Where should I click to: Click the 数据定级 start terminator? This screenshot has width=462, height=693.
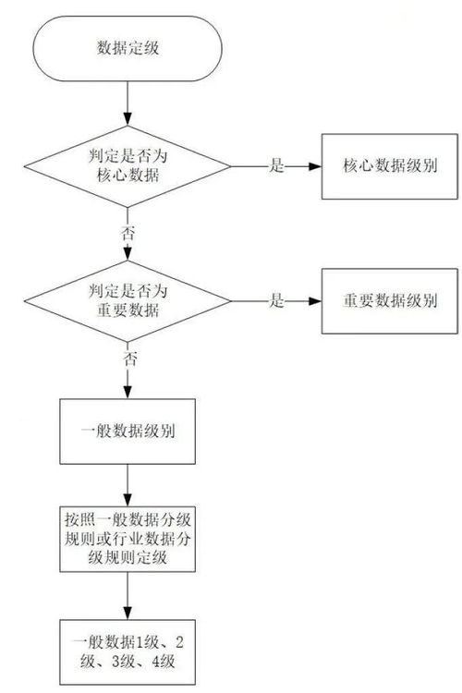[x=127, y=49]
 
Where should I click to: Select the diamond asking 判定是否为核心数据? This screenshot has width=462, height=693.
[x=127, y=166]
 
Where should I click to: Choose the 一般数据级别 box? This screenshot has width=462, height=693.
[x=128, y=432]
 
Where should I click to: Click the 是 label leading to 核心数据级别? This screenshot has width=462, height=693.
[x=275, y=166]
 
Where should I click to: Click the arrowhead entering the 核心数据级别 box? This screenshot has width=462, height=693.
[x=314, y=166]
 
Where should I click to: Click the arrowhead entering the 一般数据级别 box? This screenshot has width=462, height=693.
[x=127, y=393]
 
